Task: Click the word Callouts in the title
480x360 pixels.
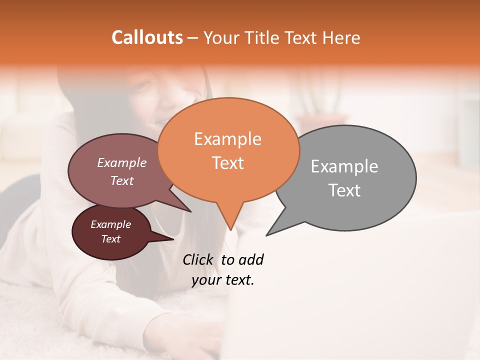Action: pos(147,37)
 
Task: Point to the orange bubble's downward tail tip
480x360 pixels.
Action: pos(230,229)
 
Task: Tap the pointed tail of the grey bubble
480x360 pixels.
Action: pos(267,235)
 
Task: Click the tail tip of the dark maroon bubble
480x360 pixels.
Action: pos(173,239)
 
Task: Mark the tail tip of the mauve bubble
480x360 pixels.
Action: pos(191,211)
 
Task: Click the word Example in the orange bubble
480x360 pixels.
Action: pos(227,139)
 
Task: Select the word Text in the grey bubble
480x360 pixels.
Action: pos(345,190)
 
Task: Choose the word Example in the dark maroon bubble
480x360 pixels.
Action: pos(110,224)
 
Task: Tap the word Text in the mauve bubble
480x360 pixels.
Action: pos(122,180)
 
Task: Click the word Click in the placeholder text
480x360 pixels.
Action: pos(198,259)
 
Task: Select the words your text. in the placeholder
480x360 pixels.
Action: pos(222,280)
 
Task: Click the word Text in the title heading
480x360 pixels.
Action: pos(303,37)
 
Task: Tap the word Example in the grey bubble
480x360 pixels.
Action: pos(344,166)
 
